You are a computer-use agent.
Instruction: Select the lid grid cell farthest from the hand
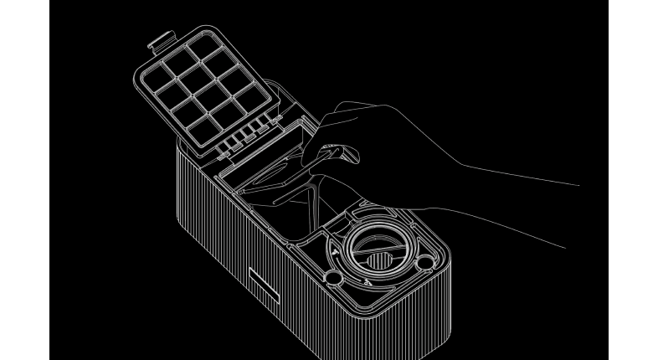(156, 80)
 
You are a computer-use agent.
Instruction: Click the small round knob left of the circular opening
(332, 275)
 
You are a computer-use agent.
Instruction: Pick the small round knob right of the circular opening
(424, 262)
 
